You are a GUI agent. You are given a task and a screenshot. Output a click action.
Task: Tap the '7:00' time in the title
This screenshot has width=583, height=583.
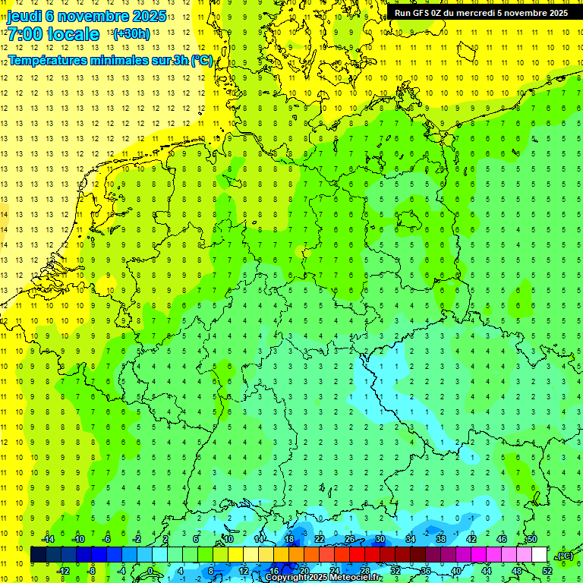pos(24,34)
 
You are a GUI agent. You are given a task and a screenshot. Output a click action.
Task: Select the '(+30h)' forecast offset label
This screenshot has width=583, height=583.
pos(131,34)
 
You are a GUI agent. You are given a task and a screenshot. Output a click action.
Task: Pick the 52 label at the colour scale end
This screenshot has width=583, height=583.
pos(547,570)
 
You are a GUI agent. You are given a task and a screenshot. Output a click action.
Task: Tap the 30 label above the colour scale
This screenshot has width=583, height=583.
pos(380,539)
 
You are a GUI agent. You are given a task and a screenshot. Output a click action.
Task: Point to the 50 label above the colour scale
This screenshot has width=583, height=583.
pos(532,539)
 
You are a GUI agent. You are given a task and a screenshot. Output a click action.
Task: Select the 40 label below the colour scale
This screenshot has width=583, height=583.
pos(455,570)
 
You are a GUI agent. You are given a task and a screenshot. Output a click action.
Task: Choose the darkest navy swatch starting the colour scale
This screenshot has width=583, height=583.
pos(38,555)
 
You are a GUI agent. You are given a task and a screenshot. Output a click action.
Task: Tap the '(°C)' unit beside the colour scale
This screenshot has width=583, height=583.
pos(565,556)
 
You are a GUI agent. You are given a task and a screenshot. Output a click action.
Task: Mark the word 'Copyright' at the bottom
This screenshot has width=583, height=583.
pos(286,578)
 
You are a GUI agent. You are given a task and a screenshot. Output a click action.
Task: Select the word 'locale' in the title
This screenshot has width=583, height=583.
pos(73,34)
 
